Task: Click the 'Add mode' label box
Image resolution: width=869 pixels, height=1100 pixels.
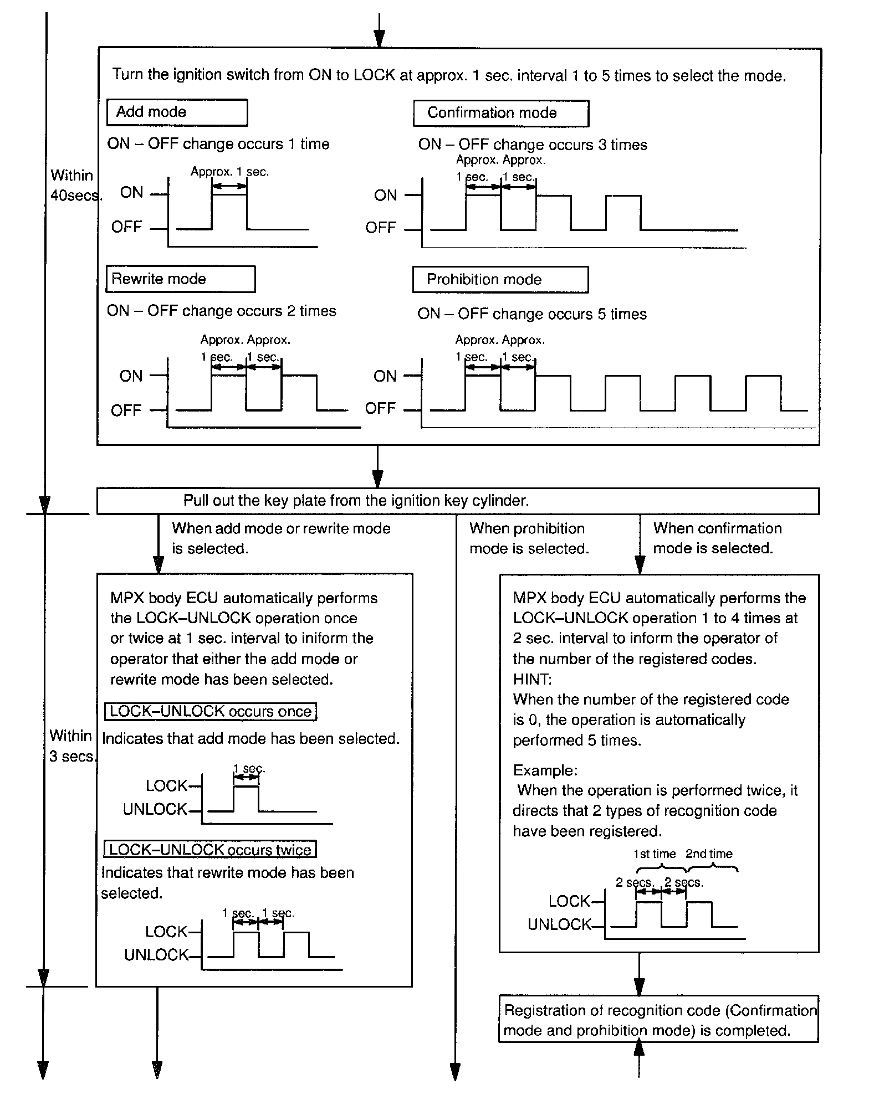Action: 177,112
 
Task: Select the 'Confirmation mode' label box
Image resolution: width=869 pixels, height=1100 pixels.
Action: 500,113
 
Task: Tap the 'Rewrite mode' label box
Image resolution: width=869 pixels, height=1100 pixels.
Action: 180,279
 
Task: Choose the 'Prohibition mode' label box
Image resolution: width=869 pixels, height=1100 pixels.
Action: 500,280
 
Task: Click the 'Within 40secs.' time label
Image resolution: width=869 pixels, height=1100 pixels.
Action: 74,185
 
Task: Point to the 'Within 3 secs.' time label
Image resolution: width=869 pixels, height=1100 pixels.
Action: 72,746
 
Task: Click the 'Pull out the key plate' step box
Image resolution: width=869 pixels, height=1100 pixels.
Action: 458,501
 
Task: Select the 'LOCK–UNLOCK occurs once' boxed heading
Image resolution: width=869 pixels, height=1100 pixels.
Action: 211,711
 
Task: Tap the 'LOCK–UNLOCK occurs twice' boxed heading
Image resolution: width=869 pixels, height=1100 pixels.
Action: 210,850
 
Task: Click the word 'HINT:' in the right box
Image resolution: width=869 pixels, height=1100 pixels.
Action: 532,679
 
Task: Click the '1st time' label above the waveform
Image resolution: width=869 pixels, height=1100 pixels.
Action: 655,854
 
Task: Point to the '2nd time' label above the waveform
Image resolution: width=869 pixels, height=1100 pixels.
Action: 709,854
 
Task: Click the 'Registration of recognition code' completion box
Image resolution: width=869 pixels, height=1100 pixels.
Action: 658,1020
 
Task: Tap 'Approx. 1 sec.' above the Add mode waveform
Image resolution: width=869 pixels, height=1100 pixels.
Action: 229,172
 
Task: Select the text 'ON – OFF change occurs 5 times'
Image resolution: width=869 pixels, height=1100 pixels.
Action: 532,314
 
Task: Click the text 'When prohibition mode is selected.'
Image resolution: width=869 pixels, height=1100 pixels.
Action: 529,538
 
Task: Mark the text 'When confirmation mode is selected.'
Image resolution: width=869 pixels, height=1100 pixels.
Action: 717,538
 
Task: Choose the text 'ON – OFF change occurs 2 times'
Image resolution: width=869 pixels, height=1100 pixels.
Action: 222,311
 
